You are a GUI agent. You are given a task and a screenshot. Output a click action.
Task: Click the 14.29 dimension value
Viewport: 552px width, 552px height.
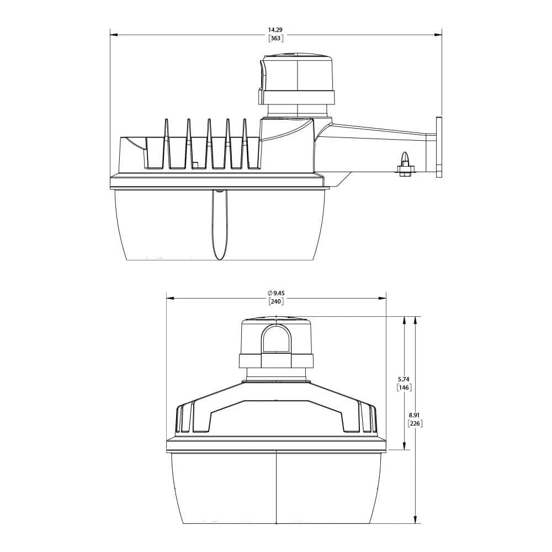pos(275,29)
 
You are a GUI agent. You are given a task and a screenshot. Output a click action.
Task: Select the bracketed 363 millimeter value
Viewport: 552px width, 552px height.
pos(275,38)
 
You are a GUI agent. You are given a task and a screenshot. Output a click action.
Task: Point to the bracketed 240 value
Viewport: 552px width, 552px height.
pos(275,301)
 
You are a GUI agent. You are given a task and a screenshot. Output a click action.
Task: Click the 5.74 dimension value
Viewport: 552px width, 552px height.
pos(404,379)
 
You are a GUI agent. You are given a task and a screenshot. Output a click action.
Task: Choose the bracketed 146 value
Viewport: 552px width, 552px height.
pos(404,388)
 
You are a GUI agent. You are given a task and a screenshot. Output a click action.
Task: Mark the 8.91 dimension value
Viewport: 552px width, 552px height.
pos(415,415)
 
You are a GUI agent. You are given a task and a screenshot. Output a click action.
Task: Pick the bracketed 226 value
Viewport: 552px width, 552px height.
pos(415,423)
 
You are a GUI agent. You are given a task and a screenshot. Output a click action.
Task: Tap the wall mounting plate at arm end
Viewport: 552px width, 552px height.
pos(439,147)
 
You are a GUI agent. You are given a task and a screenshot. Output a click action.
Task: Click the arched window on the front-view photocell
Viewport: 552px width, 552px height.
pos(276,339)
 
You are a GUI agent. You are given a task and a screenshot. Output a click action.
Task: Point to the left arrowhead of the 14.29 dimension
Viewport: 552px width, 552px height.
pos(114,35)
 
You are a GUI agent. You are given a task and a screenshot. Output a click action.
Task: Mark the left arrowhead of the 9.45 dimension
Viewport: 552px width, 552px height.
pos(170,298)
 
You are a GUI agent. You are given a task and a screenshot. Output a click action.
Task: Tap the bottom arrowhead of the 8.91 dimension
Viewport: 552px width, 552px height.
pos(415,520)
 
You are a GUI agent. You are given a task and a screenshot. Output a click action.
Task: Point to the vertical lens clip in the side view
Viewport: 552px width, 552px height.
pos(220,226)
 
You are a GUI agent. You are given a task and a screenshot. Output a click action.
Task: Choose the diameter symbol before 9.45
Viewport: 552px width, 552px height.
pos(269,293)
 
